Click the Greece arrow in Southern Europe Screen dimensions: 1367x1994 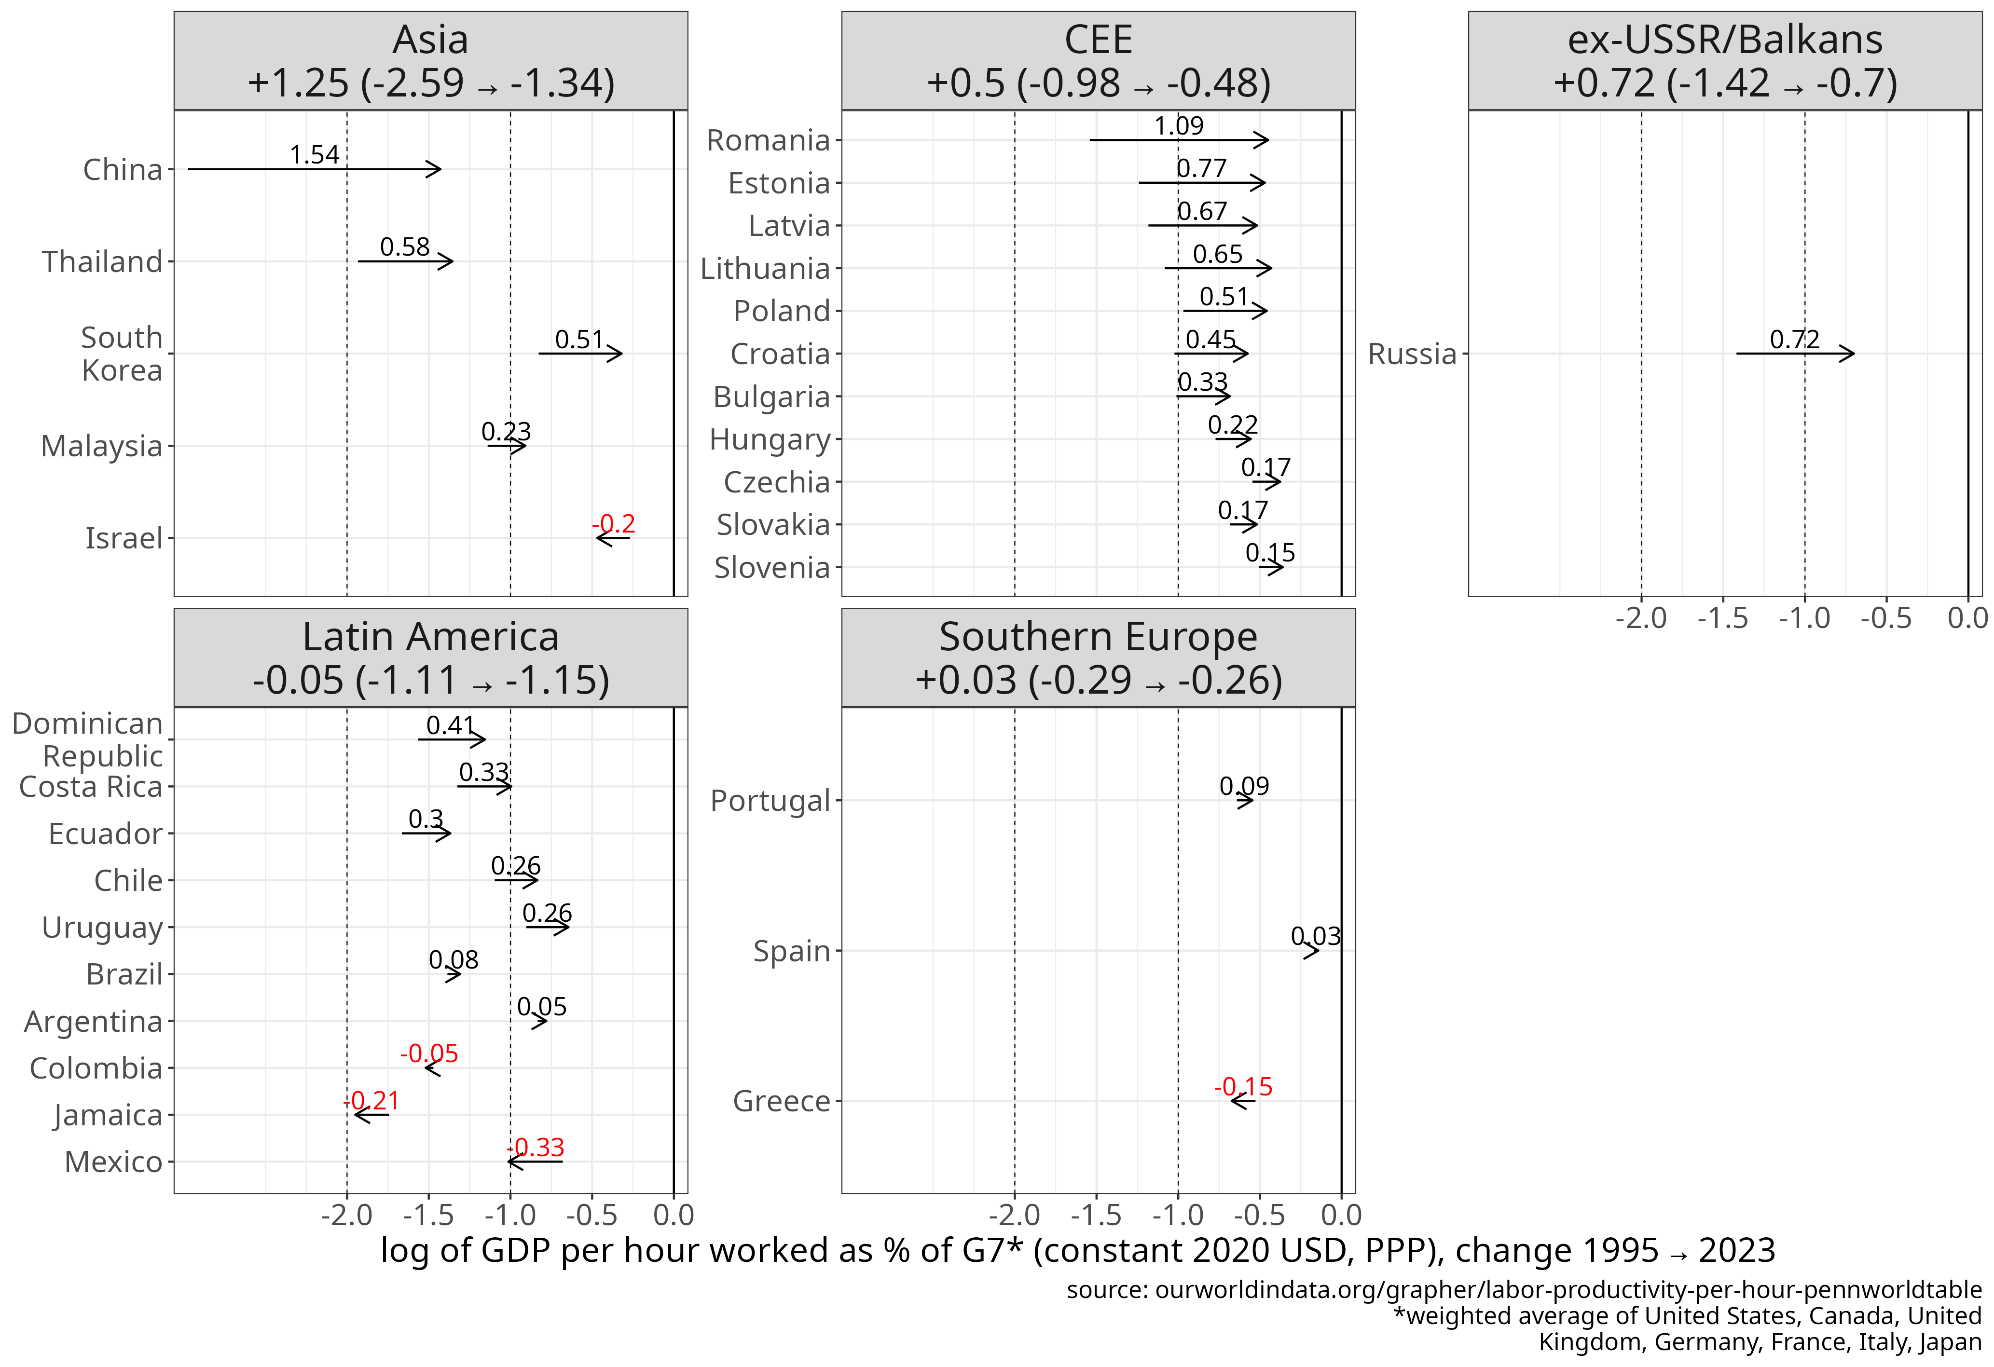point(1242,1100)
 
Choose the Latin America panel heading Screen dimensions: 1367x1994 point(431,658)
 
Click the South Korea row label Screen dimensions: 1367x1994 point(122,354)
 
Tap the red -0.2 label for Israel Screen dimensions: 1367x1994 point(614,523)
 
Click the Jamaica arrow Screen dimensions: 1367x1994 point(371,1114)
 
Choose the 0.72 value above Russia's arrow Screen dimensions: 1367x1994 point(1794,340)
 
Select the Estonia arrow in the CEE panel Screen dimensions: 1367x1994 point(1201,183)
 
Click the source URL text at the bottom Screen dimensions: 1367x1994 point(1524,1290)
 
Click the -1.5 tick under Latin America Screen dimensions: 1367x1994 point(428,1215)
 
